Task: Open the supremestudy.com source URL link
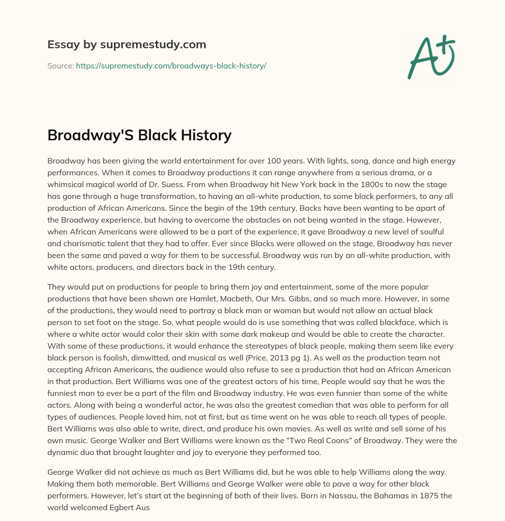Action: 171,65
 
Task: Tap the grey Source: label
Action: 60,65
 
